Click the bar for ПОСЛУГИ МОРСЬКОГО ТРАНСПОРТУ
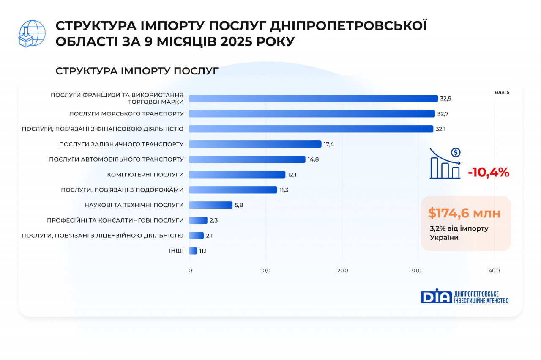click(311, 114)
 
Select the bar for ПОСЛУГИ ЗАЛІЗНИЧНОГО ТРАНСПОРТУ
click(255, 144)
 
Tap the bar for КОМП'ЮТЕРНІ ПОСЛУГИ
click(237, 175)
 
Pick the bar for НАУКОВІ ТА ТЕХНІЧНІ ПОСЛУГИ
click(210, 205)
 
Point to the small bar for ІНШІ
click(193, 251)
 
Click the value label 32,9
click(446, 99)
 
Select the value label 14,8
click(313, 159)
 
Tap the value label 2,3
click(213, 220)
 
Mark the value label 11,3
click(284, 190)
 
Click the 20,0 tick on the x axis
click(342, 271)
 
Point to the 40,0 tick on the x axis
click(494, 271)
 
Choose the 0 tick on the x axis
click(190, 271)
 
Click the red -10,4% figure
click(488, 173)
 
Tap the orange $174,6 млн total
click(464, 213)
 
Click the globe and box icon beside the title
click(32, 33)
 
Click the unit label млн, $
click(502, 93)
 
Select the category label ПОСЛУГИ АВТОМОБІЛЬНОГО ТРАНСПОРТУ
click(116, 159)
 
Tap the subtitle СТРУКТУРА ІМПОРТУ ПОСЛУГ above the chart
click(137, 71)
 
